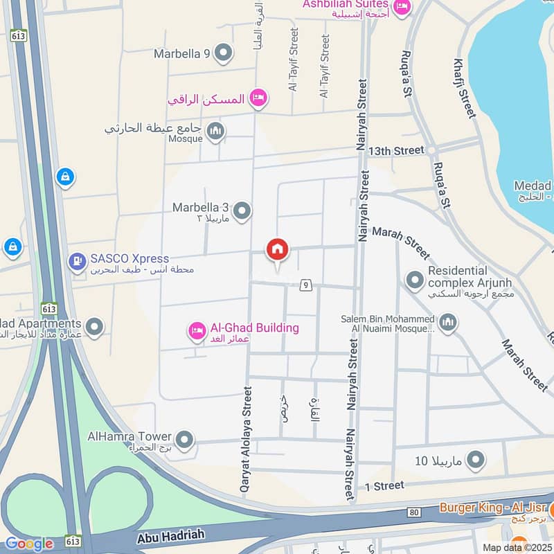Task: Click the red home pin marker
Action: click(278, 250)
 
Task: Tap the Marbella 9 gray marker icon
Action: click(223, 53)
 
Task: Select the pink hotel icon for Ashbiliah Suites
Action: click(402, 7)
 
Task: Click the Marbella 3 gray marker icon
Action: click(242, 211)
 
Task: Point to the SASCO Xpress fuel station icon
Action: click(77, 261)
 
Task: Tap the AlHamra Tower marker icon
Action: click(184, 439)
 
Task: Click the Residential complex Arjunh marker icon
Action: click(415, 280)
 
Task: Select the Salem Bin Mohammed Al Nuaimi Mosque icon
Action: click(448, 322)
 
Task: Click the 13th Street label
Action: click(396, 150)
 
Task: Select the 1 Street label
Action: click(384, 485)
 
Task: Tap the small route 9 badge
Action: click(305, 284)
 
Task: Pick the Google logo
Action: click(28, 544)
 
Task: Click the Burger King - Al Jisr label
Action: click(493, 508)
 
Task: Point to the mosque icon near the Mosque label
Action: click(216, 130)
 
